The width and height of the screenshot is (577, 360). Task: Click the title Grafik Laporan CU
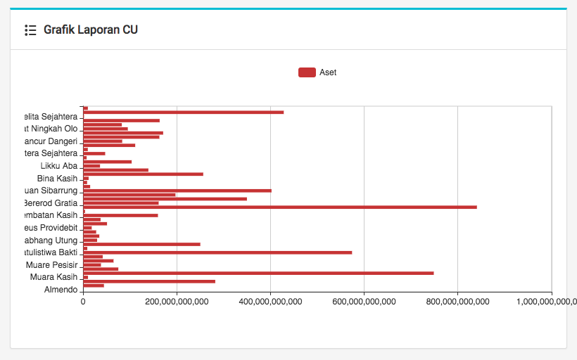[x=91, y=30]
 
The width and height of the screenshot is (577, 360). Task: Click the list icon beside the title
[x=30, y=30]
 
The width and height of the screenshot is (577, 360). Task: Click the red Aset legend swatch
[x=307, y=72]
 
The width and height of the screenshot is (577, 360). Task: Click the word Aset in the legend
[x=328, y=72]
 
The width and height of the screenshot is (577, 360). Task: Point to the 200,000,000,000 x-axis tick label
[x=177, y=302]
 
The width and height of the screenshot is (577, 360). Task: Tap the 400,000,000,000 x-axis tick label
[x=270, y=302]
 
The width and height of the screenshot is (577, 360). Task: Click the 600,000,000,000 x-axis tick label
[x=364, y=302]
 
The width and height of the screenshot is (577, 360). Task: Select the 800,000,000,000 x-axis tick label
[x=457, y=302]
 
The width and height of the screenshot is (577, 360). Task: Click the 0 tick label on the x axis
[x=83, y=302]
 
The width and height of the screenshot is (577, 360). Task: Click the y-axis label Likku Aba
[x=59, y=166]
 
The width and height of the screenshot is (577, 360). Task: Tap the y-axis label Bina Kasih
[x=57, y=179]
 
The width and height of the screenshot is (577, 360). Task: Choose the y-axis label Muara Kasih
[x=53, y=277]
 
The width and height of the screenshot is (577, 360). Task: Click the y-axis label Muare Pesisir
[x=51, y=265]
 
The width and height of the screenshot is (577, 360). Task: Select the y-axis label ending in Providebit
[x=49, y=228]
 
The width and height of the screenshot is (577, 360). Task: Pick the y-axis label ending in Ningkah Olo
[x=51, y=129]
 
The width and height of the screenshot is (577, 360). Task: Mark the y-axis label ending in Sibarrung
[x=50, y=191]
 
